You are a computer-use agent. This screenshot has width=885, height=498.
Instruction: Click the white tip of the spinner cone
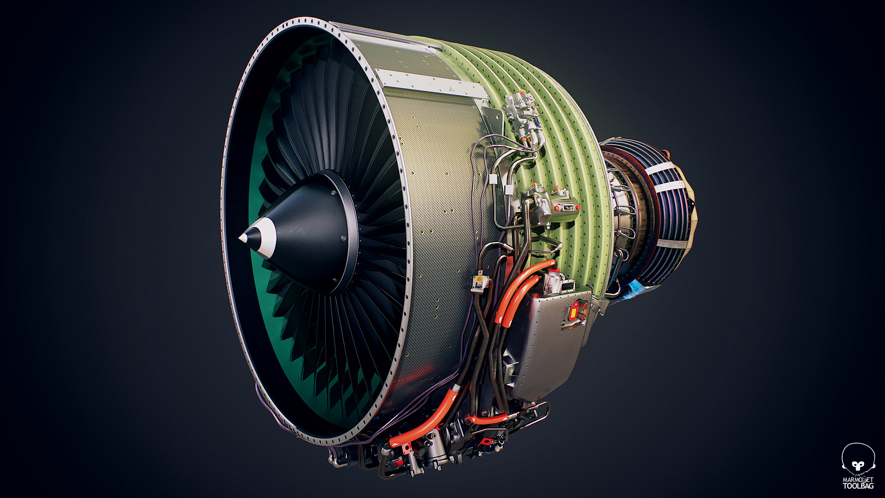point(243,237)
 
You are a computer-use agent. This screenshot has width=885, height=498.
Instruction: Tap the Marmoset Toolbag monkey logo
point(858,459)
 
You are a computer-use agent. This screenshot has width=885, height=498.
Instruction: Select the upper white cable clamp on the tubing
point(493,178)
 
